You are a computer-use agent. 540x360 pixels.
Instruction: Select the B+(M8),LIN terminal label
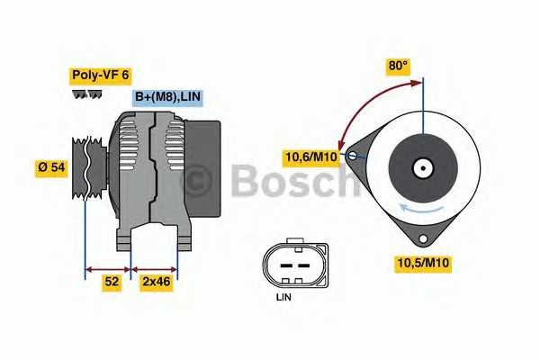(x=166, y=97)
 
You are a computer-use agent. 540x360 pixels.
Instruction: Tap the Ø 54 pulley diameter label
(x=52, y=168)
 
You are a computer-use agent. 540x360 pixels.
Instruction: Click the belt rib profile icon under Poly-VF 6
(x=86, y=94)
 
